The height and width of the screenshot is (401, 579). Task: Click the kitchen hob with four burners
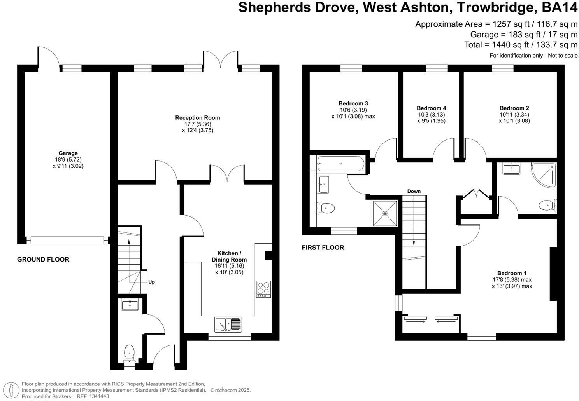coord(263,289)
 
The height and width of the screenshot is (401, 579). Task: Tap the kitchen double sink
coord(228,324)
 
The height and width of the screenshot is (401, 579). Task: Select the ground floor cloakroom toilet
coord(129,353)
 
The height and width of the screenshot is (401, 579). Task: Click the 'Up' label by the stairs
coord(151,282)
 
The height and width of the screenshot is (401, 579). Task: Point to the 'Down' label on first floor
coord(414,191)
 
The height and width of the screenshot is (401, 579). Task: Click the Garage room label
coord(68,153)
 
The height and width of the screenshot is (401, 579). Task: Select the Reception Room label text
coord(197,117)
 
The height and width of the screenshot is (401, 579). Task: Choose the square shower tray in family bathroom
coord(385,213)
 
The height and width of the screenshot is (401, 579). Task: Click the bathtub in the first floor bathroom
coord(341,164)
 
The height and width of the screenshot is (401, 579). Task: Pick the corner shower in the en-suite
coord(545,174)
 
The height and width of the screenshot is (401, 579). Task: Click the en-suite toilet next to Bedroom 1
coord(548,204)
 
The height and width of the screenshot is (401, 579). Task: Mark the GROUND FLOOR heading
coord(43,259)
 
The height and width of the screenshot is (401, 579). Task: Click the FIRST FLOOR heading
coord(323,247)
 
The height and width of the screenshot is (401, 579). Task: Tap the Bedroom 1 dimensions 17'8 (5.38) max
coord(512,279)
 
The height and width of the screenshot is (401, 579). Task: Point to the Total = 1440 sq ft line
coord(521,44)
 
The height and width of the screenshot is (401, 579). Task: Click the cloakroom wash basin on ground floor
coord(130,305)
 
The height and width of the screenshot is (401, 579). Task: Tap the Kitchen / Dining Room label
coord(229,256)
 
